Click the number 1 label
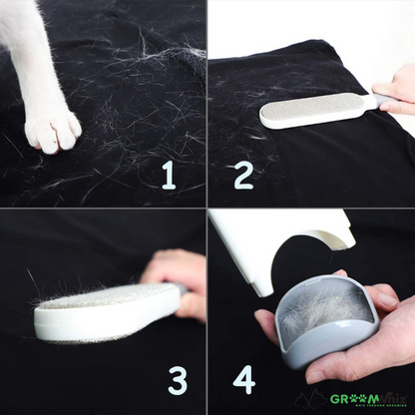[168, 176]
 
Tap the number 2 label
[243, 176]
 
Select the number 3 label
[178, 380]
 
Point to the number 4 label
[243, 379]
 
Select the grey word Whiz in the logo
[390, 399]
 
